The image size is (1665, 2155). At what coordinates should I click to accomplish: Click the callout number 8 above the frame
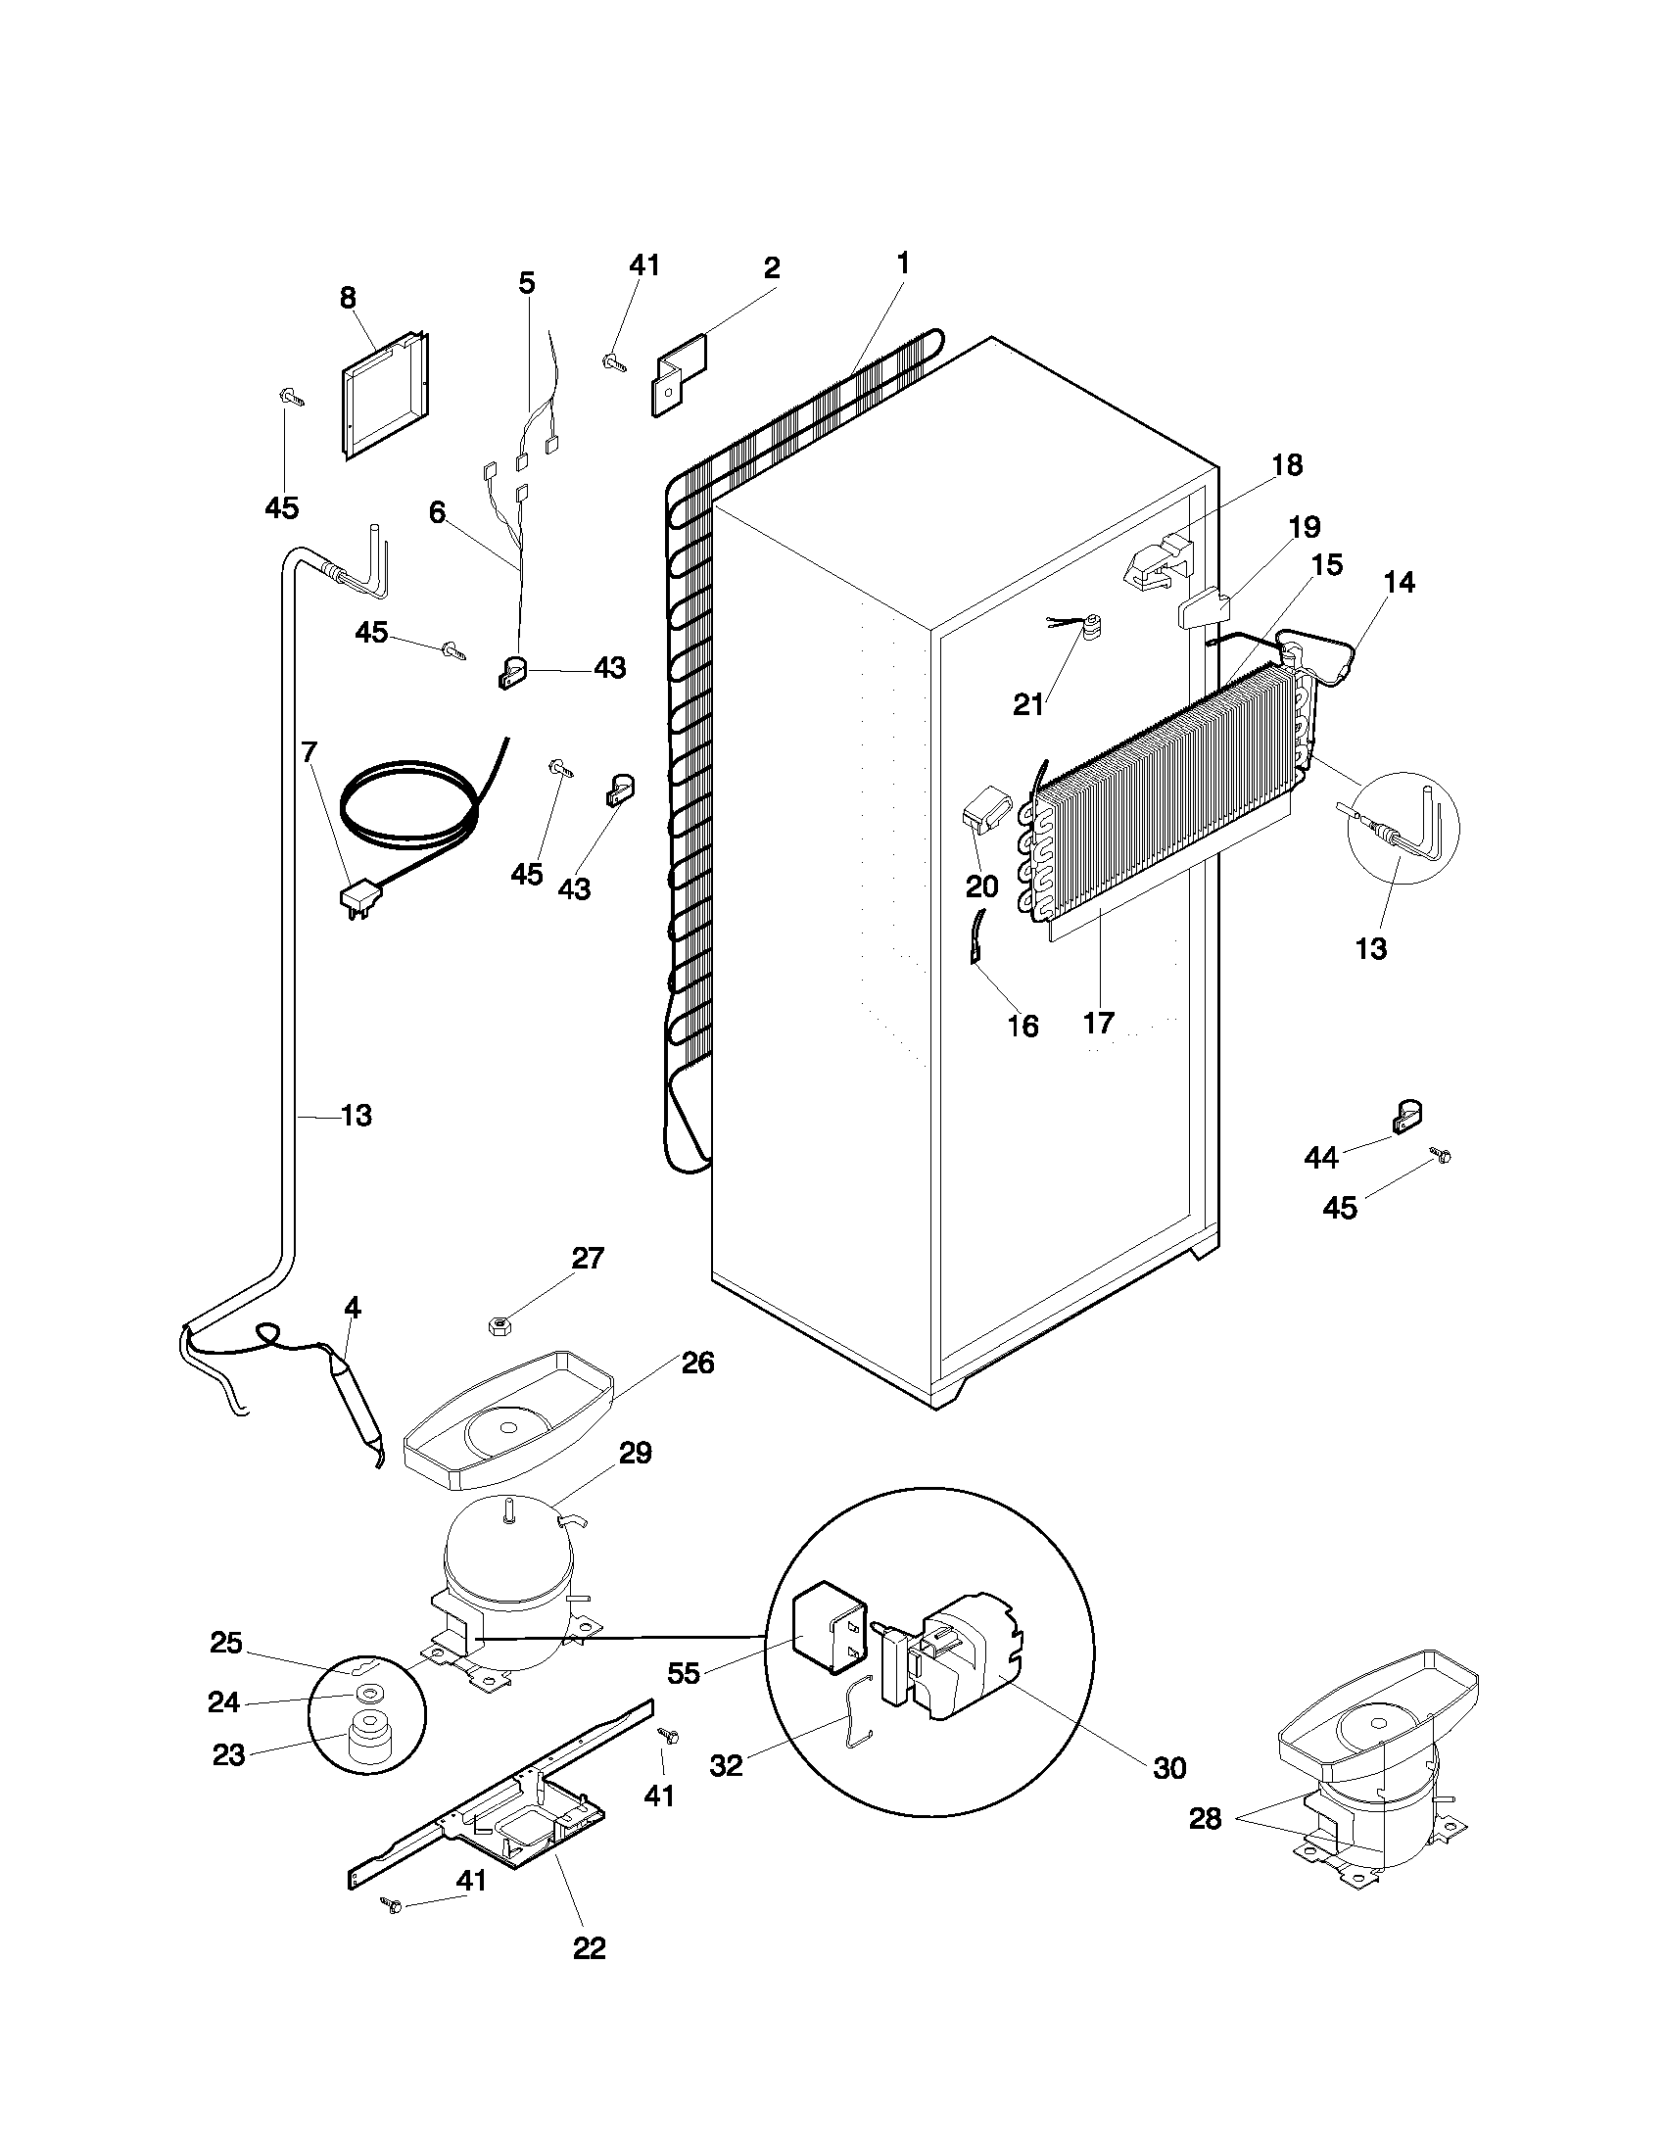pos(349,297)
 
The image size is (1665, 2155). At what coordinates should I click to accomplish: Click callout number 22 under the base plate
pos(589,1947)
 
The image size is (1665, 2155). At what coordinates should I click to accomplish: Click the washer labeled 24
pos(369,1695)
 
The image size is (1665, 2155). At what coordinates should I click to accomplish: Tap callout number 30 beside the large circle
pos(1168,1767)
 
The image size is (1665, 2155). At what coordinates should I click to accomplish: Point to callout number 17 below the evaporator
pos(1099,1023)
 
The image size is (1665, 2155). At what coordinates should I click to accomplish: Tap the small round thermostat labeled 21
pos(1091,628)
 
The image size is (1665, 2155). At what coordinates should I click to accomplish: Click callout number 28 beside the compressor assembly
pos(1205,1819)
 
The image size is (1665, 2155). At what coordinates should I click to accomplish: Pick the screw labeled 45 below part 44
pos(1440,1156)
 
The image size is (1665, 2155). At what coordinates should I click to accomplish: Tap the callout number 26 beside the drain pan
pos(698,1364)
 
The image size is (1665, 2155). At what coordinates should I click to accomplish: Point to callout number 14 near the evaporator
pos(1399,582)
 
